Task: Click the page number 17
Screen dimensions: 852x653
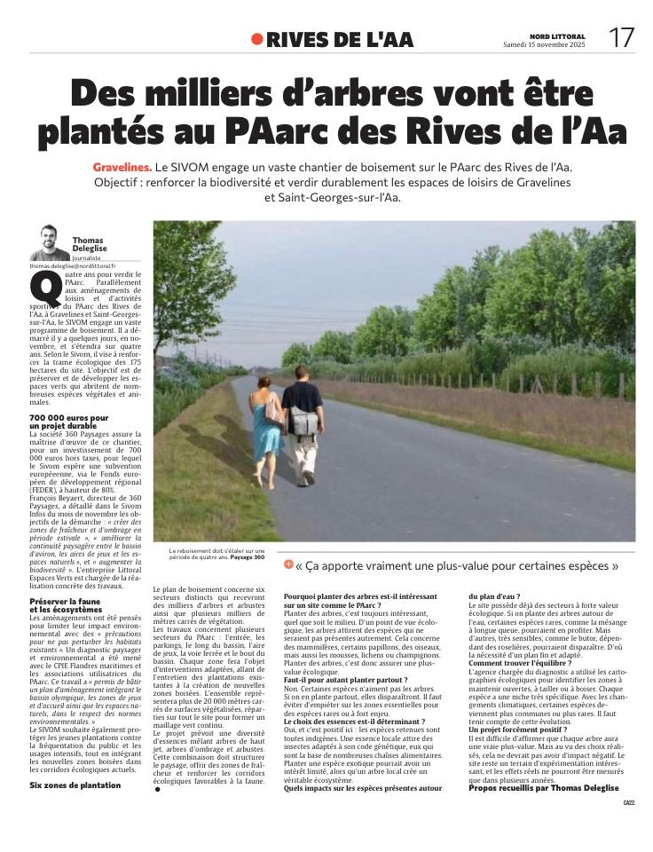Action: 620,37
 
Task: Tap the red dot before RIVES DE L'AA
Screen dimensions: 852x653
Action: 257,39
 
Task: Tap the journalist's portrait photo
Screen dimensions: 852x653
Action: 50,242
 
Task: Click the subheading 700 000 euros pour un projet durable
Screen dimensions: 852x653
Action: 69,421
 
